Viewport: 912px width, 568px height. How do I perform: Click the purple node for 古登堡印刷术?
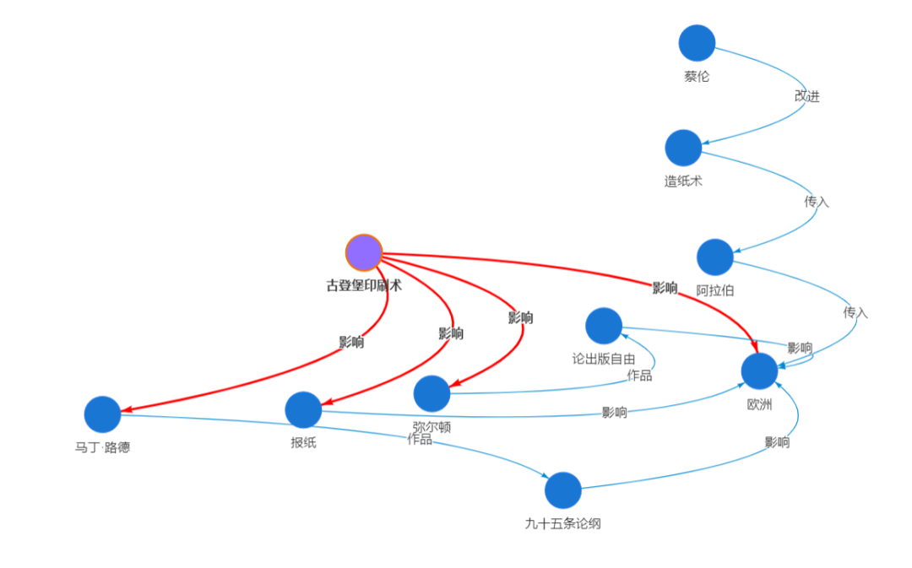(363, 253)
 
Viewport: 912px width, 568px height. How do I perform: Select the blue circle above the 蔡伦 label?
(697, 43)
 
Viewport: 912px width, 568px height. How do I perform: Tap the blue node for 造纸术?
(683, 148)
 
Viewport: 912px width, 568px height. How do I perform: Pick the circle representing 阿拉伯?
(715, 257)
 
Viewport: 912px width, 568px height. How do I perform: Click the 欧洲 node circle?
(760, 371)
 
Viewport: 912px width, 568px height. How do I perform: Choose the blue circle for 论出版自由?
(604, 326)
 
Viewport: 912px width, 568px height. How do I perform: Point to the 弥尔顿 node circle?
(432, 393)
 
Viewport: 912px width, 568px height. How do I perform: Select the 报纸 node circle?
(303, 410)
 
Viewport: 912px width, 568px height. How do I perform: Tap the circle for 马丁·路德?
(102, 414)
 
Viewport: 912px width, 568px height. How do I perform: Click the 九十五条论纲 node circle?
(563, 490)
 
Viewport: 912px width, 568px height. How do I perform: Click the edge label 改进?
(807, 96)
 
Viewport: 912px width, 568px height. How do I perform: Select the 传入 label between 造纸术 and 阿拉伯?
(817, 202)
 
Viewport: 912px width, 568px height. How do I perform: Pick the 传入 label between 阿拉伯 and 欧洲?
(855, 313)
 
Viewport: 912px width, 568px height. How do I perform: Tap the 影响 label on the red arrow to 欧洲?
(665, 288)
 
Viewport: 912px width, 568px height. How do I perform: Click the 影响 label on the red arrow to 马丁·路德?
(351, 342)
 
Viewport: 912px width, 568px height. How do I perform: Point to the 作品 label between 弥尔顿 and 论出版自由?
(639, 376)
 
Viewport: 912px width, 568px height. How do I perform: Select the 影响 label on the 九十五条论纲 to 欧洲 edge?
(777, 442)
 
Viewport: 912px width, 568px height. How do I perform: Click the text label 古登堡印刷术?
(364, 285)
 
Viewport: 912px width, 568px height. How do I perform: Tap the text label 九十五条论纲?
(563, 524)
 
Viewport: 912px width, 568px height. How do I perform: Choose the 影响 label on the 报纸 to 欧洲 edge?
(614, 412)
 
